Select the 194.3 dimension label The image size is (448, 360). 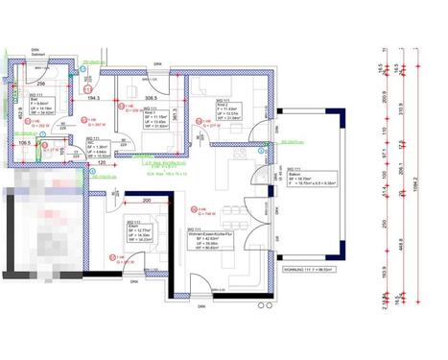click(93, 98)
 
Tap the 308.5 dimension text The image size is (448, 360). click(151, 98)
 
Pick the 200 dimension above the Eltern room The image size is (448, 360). click(146, 201)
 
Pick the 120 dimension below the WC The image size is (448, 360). click(100, 164)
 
